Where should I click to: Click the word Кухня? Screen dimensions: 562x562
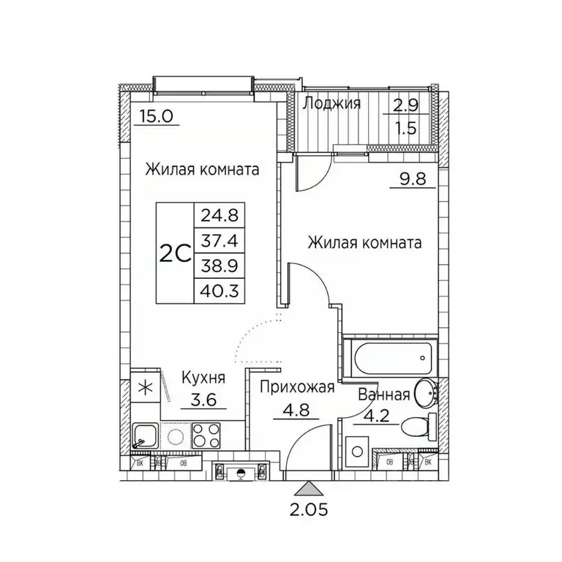tap(203, 378)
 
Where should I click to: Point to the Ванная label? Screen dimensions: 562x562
tap(383, 395)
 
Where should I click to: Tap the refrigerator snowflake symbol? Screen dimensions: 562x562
tap(145, 388)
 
